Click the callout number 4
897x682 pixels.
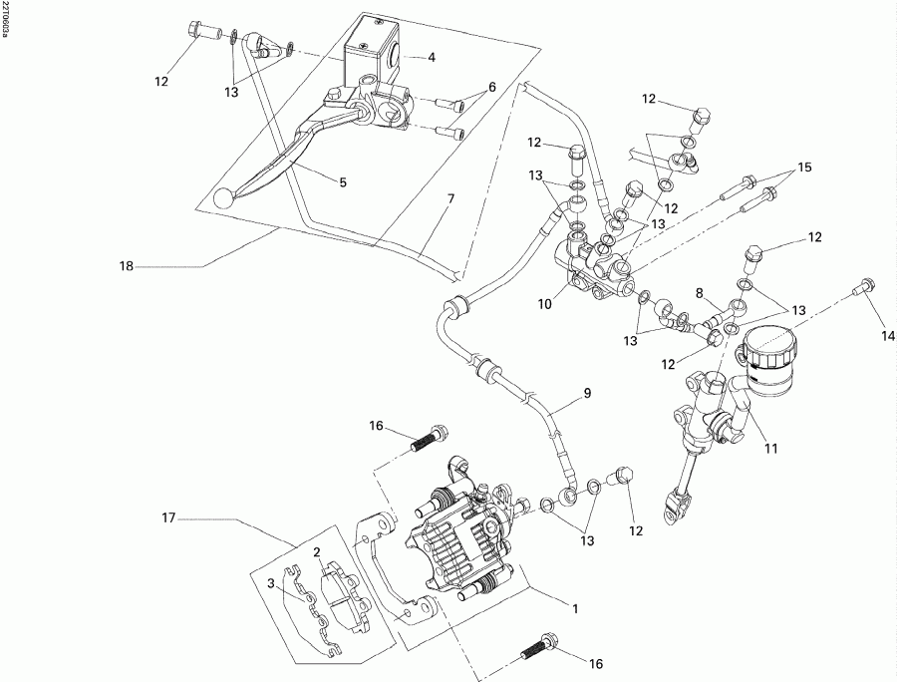click(x=432, y=57)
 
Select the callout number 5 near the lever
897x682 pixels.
click(x=342, y=182)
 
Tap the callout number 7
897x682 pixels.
click(x=450, y=199)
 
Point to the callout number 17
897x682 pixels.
click(x=169, y=517)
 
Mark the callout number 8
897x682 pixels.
click(x=699, y=294)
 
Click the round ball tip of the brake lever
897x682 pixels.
click(x=221, y=200)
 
